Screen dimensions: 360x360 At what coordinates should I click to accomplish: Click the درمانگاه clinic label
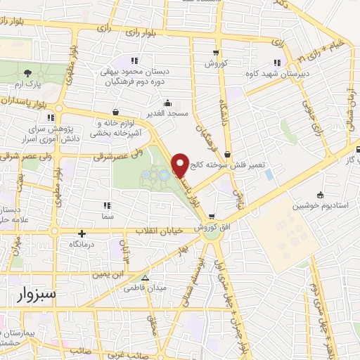point(83,244)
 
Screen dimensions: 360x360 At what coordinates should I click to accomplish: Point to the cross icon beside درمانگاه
point(82,233)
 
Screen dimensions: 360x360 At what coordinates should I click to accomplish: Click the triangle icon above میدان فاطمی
point(144,278)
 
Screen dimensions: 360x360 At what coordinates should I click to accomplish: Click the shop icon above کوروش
point(216,53)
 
